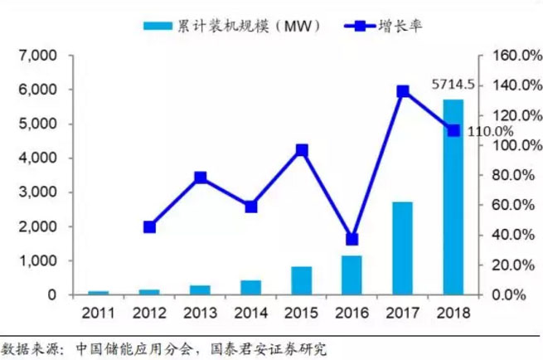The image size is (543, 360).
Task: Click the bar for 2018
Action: click(453, 197)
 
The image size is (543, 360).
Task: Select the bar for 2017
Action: click(403, 248)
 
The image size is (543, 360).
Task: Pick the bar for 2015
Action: click(302, 280)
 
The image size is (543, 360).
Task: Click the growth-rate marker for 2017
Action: click(403, 91)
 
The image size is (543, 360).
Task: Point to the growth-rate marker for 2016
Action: click(352, 239)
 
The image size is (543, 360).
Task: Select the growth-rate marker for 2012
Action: click(150, 226)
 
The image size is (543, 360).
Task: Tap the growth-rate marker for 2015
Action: click(302, 150)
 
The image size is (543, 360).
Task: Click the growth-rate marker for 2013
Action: click(201, 178)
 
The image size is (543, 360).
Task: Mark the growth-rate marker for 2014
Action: click(251, 207)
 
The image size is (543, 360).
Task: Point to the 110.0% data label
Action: click(489, 131)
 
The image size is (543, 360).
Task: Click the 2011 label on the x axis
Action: click(99, 313)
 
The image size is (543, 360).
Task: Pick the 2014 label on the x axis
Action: click(251, 313)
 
